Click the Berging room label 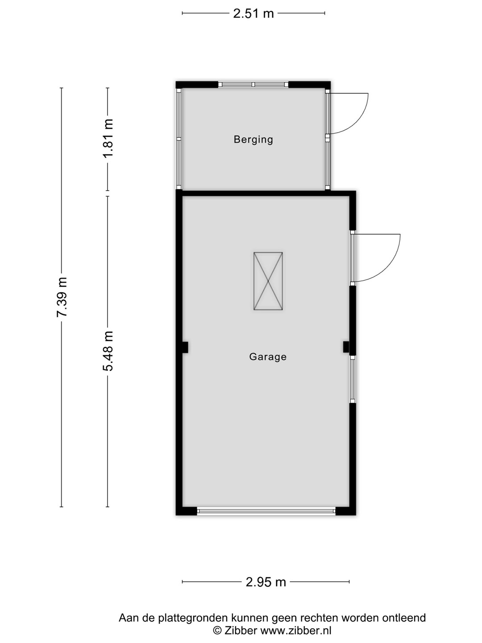pos(253,139)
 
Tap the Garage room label pos(268,356)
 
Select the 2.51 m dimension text pos(253,13)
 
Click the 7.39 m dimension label pos(62,297)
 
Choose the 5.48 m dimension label pos(108,351)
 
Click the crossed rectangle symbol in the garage pos(268,281)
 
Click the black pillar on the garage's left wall pos(185,347)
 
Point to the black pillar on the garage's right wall pos(346,347)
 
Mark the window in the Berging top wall pos(253,85)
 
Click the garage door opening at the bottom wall pos(266,511)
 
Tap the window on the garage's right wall pos(353,379)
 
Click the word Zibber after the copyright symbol pos(241,630)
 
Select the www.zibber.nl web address pos(295,630)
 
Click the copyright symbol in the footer pos(217,630)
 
